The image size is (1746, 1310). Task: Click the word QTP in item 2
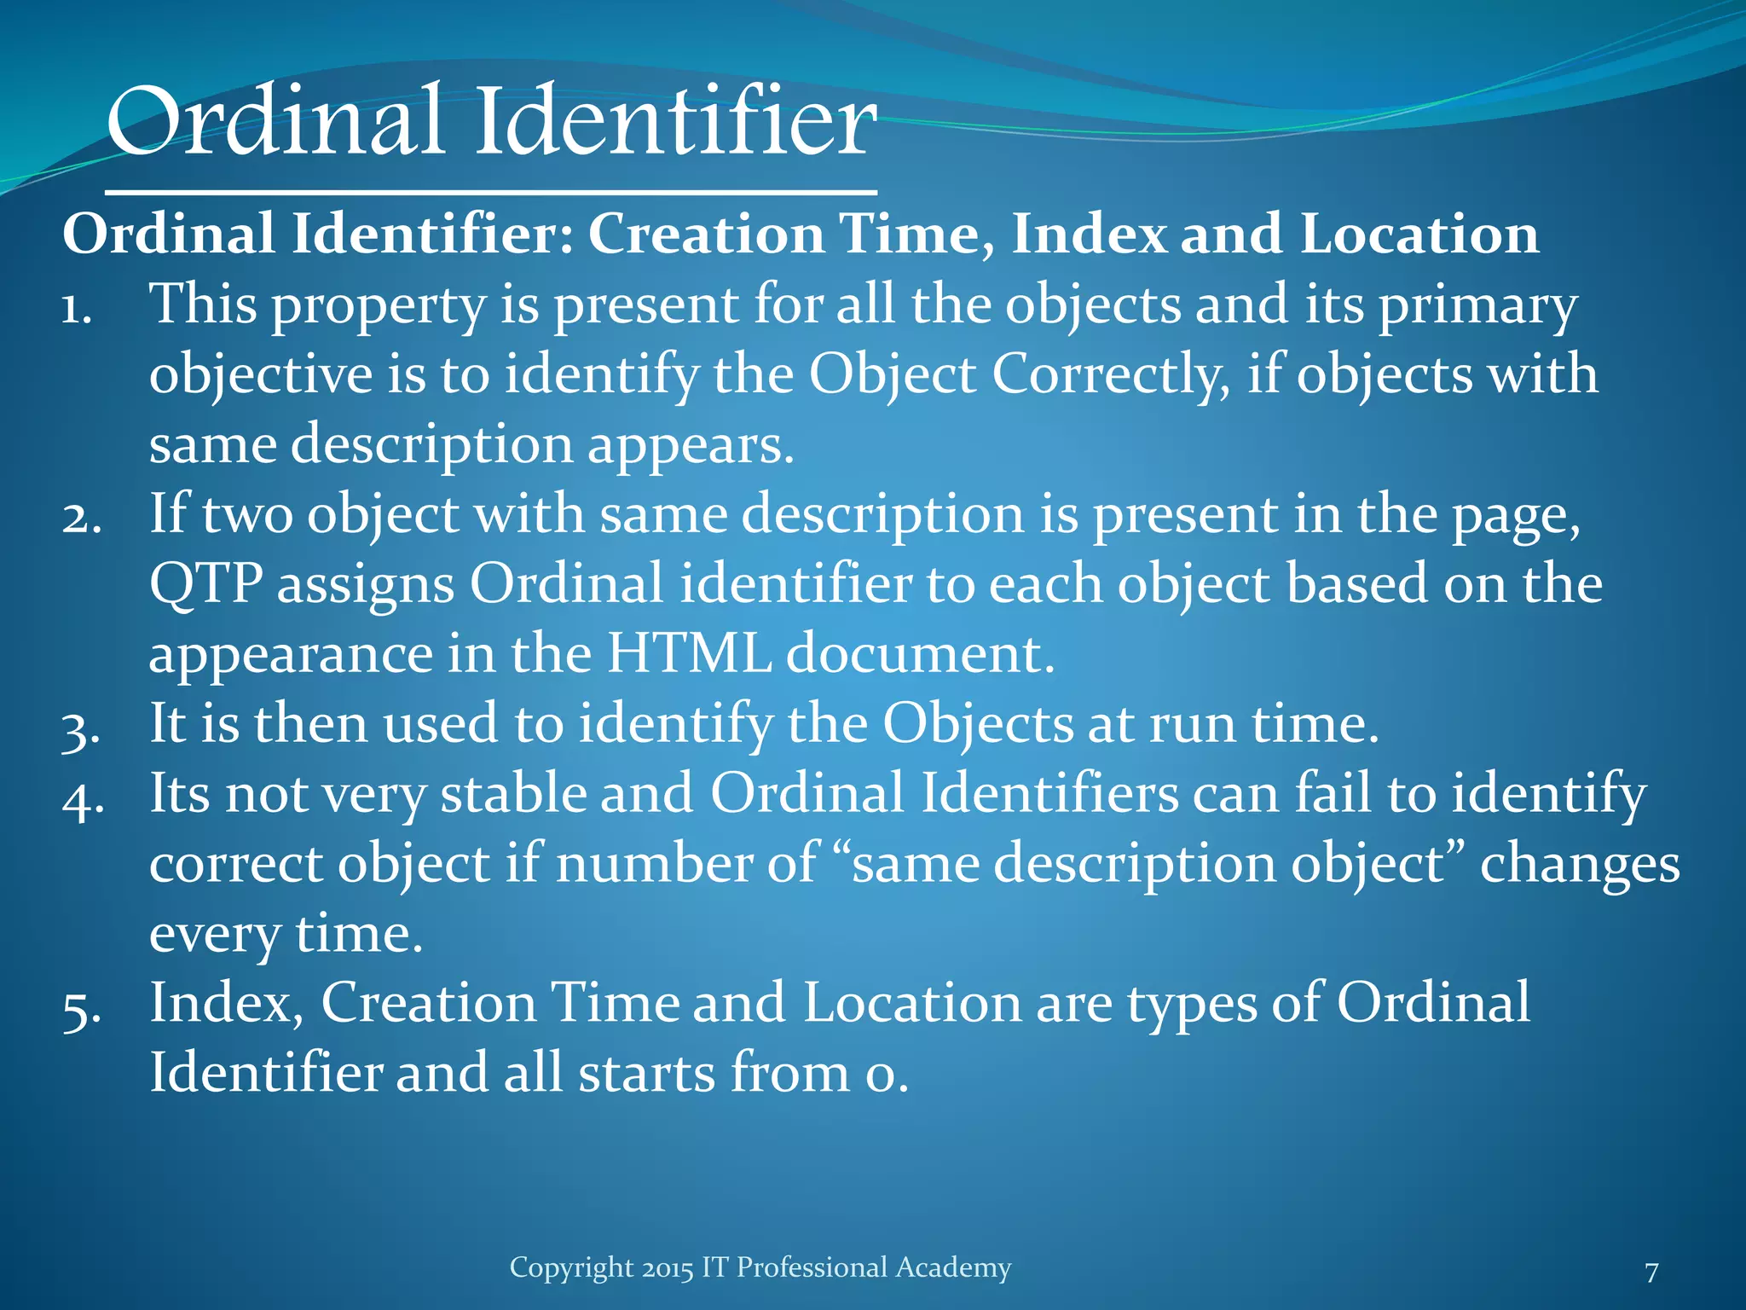[205, 585]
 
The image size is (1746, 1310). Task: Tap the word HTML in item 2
[689, 654]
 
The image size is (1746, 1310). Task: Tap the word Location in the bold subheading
[1419, 234]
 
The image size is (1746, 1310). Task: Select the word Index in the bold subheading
[1089, 234]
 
